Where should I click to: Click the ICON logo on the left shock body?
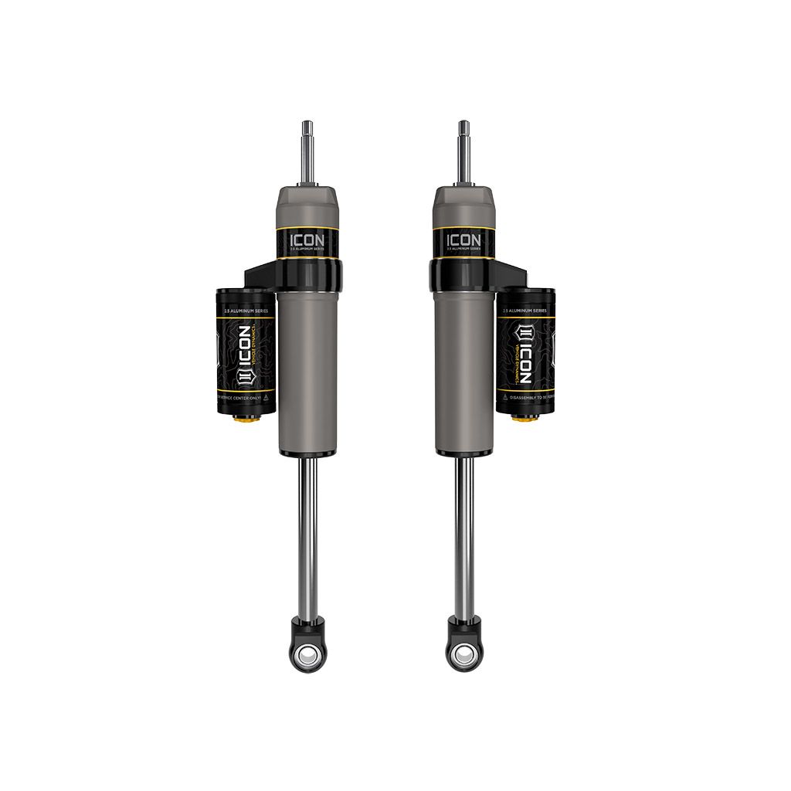coord(307,240)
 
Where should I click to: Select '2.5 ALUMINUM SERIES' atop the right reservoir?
coord(525,309)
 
